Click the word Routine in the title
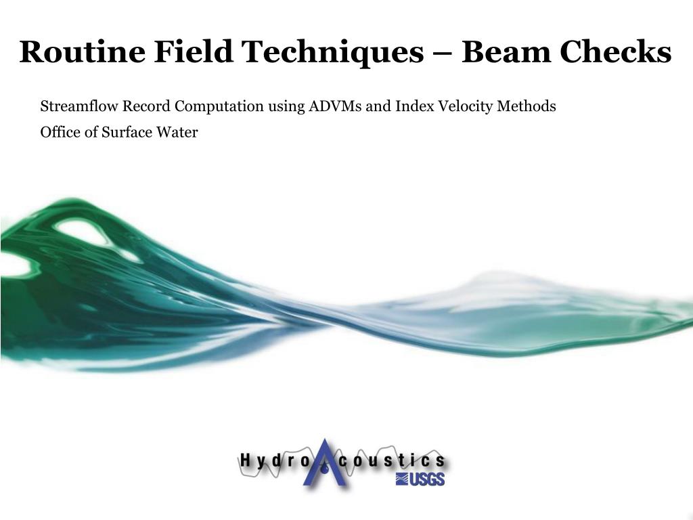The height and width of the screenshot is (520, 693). (82, 51)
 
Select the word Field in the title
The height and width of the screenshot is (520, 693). (193, 51)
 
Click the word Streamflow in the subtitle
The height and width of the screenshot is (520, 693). (79, 106)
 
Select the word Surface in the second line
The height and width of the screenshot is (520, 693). (125, 132)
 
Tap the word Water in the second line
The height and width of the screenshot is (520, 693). (177, 132)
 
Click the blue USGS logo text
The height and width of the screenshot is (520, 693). (420, 479)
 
